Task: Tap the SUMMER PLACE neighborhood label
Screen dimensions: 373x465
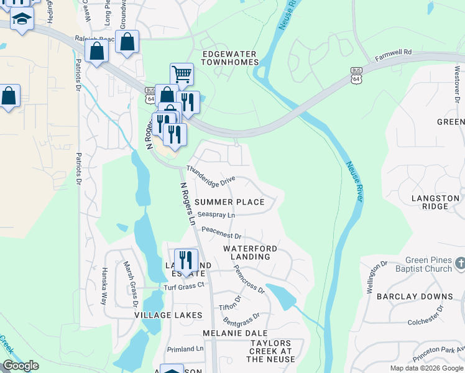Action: coord(229,202)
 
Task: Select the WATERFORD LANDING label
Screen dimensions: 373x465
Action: coord(250,252)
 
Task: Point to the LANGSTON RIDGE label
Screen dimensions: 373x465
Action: coord(435,202)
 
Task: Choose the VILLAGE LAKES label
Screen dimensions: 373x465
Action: coord(168,315)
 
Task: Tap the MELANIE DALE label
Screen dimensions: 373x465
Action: coord(229,333)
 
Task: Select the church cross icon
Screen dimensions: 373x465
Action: coord(459,264)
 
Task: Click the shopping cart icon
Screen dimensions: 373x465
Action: coord(182,74)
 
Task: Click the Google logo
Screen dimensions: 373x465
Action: coord(21,366)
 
